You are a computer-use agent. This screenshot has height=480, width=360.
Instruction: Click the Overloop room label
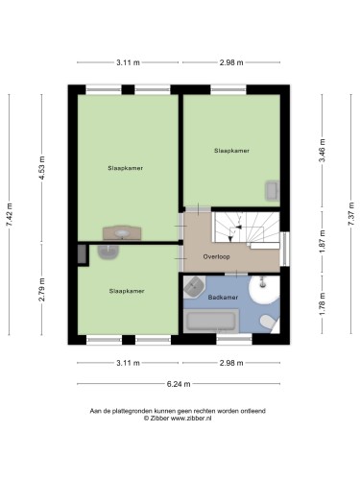216,256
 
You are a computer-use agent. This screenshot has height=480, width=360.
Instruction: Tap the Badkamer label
223,298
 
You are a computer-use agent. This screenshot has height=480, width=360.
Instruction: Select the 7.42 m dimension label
10,215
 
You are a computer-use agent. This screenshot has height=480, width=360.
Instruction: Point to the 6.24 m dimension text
179,384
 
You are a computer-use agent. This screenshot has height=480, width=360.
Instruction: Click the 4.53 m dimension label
41,167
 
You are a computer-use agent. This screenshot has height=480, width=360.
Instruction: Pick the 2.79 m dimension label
41,290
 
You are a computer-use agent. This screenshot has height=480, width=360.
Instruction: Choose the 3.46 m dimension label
323,151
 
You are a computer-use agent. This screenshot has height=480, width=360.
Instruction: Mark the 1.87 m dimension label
323,242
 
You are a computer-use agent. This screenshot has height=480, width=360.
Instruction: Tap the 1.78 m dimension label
323,304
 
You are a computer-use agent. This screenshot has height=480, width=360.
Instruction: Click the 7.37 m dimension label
351,214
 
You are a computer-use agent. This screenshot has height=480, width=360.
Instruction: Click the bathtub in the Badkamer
211,322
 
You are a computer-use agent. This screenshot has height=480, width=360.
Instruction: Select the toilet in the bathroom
269,323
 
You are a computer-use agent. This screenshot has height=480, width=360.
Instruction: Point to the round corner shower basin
264,290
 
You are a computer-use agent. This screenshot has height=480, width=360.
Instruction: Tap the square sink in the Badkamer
194,286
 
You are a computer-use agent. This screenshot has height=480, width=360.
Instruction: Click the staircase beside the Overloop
247,228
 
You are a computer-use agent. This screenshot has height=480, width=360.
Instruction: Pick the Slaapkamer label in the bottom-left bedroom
127,291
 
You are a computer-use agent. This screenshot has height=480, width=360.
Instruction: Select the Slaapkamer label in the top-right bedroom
231,151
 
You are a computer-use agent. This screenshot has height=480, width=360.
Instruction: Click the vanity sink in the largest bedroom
122,233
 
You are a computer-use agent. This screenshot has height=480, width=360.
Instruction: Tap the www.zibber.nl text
191,419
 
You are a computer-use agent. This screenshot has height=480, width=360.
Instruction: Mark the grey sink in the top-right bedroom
273,191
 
